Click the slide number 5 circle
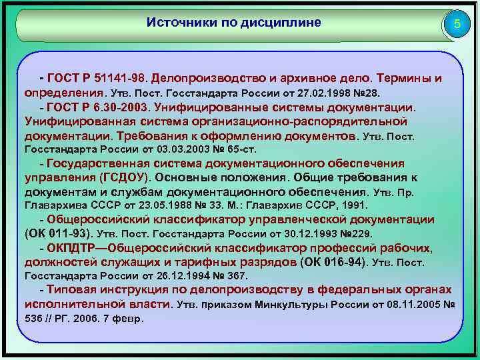(x=457, y=25)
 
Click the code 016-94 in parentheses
(x=343, y=262)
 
